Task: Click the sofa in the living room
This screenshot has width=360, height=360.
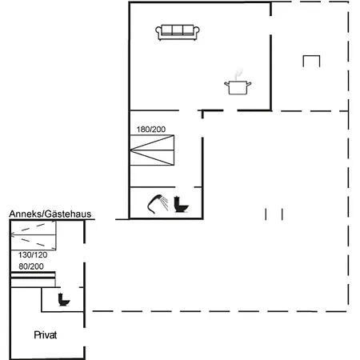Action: [178, 31]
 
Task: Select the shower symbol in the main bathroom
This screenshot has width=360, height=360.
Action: [157, 204]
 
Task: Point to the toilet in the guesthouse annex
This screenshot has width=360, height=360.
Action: [63, 301]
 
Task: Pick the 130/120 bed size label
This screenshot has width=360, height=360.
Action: [31, 254]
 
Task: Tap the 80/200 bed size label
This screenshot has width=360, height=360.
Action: [30, 266]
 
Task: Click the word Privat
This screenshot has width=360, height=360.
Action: [46, 334]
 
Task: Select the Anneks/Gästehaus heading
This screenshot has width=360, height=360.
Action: [50, 214]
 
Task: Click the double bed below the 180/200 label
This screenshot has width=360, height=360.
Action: [152, 149]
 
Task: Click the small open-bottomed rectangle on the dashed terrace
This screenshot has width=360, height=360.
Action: [312, 60]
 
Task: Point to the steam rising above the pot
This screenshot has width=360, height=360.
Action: [238, 73]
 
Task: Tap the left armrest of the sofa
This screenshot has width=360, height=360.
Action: [160, 32]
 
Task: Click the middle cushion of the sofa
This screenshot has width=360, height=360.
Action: [178, 30]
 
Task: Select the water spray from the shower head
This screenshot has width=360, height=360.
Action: [165, 203]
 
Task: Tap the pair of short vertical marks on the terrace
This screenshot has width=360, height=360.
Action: [274, 213]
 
